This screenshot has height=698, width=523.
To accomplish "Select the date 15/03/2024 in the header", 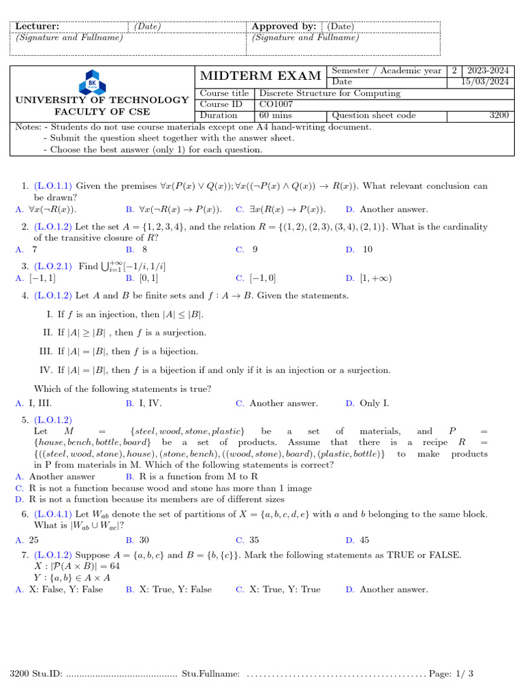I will (x=485, y=82).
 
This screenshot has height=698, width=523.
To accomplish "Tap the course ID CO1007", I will (x=274, y=104).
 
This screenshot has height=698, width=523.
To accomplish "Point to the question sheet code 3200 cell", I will (x=498, y=115).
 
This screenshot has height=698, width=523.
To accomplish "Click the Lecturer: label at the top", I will (x=37, y=27).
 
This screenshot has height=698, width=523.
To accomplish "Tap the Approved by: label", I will (x=284, y=27).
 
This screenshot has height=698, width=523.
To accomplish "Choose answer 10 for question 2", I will (x=367, y=249).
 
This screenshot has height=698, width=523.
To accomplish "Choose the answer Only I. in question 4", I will (x=375, y=404).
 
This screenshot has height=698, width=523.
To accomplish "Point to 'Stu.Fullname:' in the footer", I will (x=211, y=674).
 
